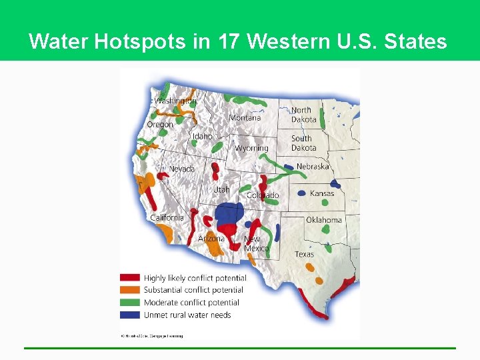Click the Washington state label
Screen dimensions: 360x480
click(x=176, y=101)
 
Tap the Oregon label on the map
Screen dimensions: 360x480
click(x=160, y=125)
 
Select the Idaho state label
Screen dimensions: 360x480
click(x=202, y=137)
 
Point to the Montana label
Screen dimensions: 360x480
click(x=245, y=118)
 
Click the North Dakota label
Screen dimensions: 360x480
click(x=303, y=115)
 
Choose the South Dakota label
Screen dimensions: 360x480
click(x=303, y=143)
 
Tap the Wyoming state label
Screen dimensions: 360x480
click(x=251, y=148)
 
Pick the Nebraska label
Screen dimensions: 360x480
click(x=313, y=167)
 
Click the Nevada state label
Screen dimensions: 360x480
click(x=182, y=169)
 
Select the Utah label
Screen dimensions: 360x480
click(x=221, y=190)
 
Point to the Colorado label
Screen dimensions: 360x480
click(x=263, y=195)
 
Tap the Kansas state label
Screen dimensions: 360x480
click(x=322, y=193)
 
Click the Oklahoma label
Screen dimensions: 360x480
click(x=324, y=220)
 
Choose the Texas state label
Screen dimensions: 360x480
click(x=304, y=254)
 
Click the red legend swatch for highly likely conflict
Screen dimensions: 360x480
click(x=129, y=278)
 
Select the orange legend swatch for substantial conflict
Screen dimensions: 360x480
click(x=129, y=290)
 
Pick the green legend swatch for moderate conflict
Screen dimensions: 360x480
click(x=129, y=302)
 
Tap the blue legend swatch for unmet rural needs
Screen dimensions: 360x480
click(x=129, y=315)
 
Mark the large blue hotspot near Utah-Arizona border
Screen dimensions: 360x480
click(x=229, y=214)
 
